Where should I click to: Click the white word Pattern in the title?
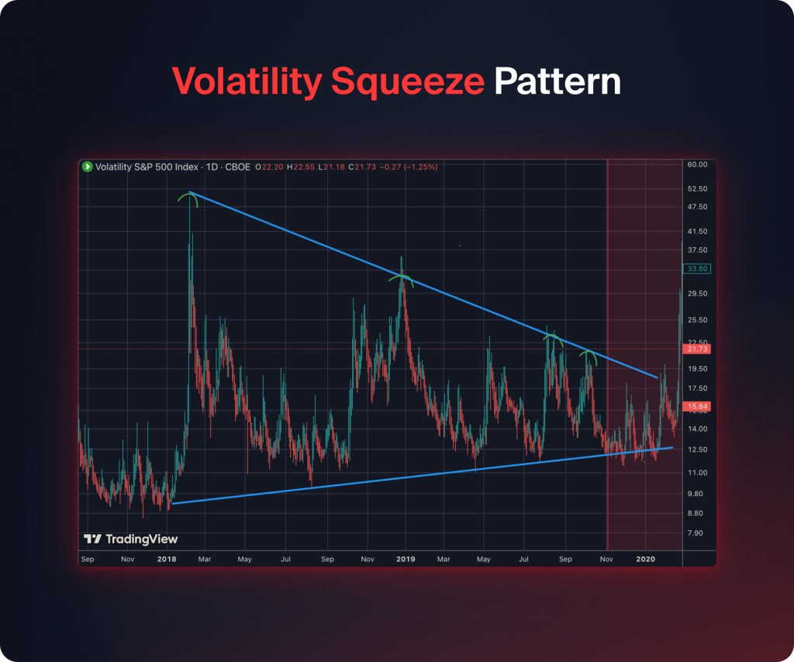coord(558,81)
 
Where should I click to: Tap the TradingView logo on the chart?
coord(131,539)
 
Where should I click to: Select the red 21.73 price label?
coord(699,350)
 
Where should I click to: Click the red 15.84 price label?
coord(699,406)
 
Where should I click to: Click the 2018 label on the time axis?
coord(166,558)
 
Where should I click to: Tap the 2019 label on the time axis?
coord(406,558)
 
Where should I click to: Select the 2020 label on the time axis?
coord(645,558)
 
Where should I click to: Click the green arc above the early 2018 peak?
coord(188,198)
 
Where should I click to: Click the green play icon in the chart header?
coord(88,167)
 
